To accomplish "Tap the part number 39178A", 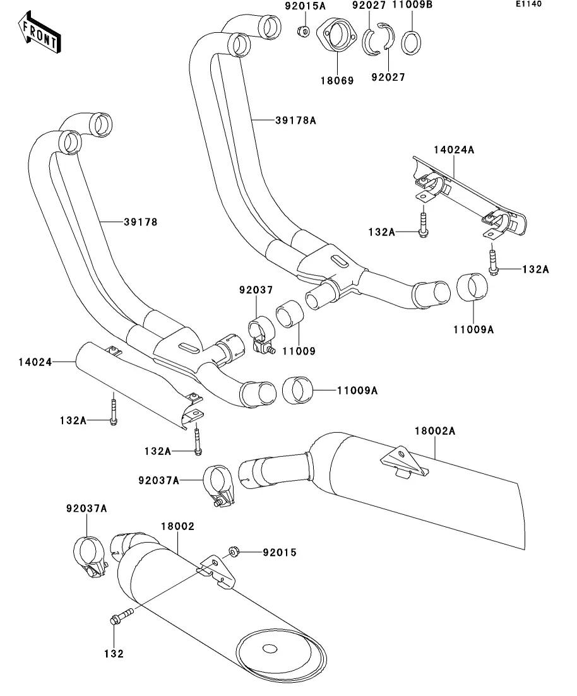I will (295, 119).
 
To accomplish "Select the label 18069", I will (337, 81).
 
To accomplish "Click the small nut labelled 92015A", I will (302, 31).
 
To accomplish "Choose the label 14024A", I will (453, 150).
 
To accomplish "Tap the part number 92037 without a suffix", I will (256, 290).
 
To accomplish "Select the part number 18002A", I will (435, 431).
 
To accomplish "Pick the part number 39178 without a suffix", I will (140, 221).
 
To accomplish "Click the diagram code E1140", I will (530, 4).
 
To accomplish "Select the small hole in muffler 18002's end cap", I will (270, 649).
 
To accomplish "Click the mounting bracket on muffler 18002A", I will (402, 462).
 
